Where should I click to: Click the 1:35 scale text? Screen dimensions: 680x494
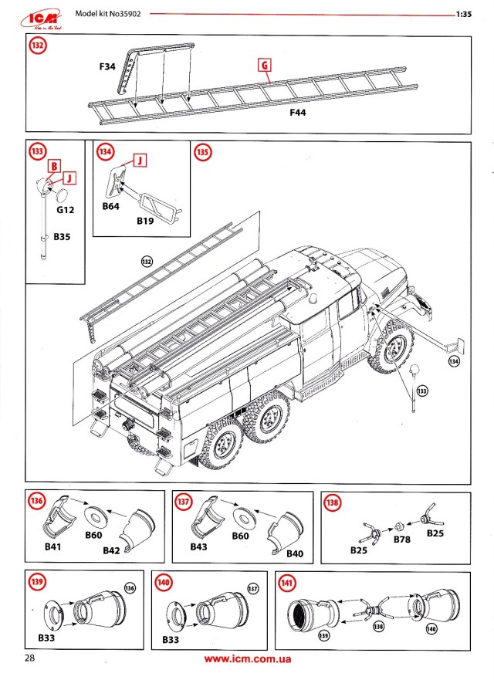463,14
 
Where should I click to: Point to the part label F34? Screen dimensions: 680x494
107,68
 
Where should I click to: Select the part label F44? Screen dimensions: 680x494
299,113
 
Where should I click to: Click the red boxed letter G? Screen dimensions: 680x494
265,66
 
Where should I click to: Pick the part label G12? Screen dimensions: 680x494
65,209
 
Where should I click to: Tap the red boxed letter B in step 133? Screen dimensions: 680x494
54,166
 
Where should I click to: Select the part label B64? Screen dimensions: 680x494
112,207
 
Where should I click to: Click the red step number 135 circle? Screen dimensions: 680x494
202,151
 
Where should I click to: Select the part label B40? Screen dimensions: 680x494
296,553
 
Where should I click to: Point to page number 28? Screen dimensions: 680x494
30,658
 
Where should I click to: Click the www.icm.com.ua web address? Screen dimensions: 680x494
247,660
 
